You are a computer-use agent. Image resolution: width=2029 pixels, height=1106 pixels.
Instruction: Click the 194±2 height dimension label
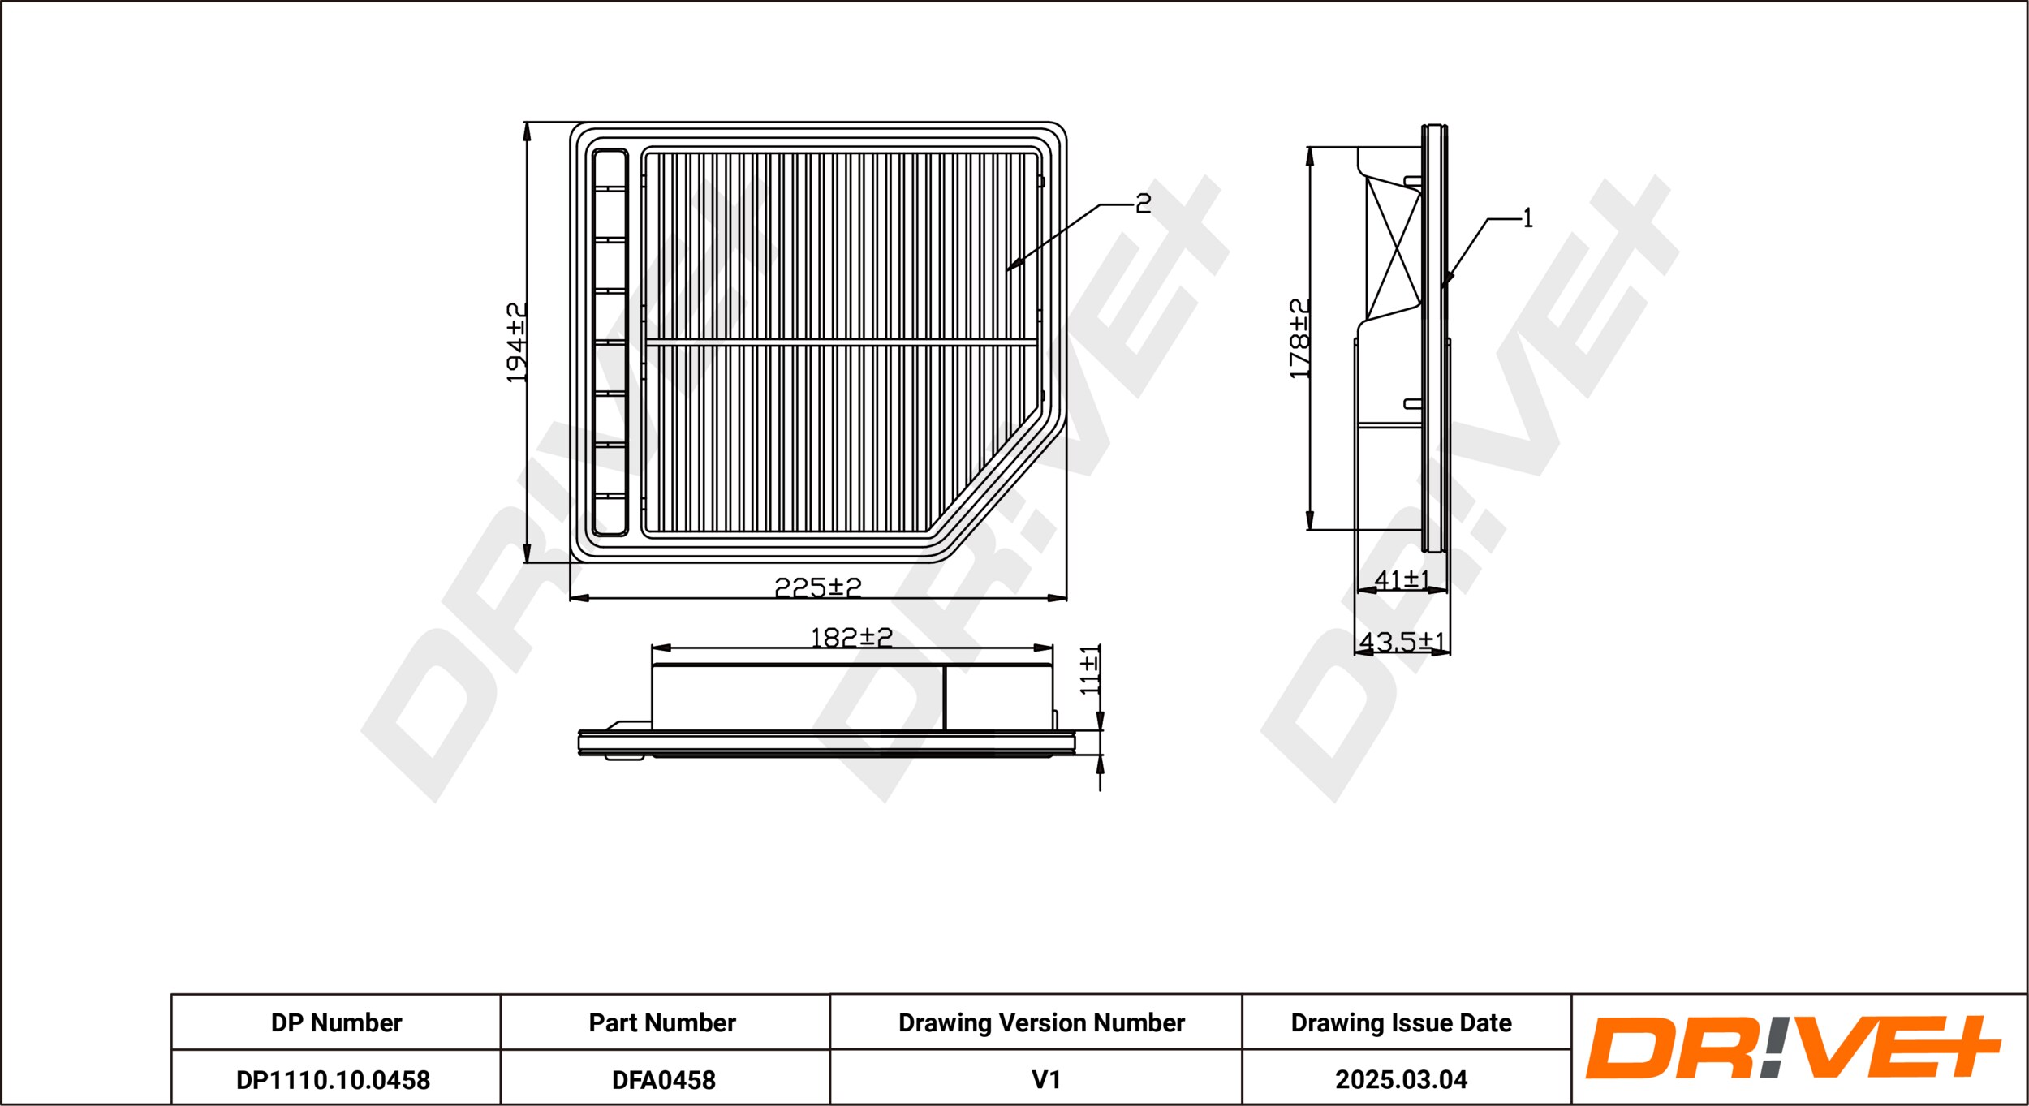[x=516, y=342]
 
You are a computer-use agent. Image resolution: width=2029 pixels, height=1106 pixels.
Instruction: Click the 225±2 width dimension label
[x=818, y=587]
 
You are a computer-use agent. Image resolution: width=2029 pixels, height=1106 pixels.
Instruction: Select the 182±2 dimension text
[x=851, y=637]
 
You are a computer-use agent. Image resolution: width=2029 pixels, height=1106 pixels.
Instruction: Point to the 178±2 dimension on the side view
[x=1299, y=338]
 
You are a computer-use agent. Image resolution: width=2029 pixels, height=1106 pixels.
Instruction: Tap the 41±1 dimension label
[x=1402, y=579]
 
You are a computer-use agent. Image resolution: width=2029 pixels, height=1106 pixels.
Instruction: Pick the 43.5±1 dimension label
[x=1402, y=641]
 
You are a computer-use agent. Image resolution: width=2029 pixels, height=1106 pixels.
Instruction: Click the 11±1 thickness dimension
[x=1089, y=670]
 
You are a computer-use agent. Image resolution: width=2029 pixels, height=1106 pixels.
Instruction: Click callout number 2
[x=1143, y=204]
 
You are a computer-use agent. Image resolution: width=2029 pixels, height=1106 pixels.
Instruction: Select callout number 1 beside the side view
[x=1527, y=217]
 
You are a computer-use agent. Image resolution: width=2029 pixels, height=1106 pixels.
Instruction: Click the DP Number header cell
[x=336, y=1022]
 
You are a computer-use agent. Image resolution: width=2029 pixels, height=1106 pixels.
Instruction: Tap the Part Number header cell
[x=662, y=1022]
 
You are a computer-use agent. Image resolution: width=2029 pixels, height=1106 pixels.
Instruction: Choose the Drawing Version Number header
[x=1041, y=1022]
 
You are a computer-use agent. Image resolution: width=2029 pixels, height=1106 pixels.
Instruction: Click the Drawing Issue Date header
[x=1402, y=1022]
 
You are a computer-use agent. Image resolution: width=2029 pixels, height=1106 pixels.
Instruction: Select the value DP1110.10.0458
[x=333, y=1080]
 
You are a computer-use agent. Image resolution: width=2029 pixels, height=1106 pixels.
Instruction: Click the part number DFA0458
[x=664, y=1080]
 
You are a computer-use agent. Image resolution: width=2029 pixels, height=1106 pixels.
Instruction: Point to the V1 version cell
[x=1046, y=1080]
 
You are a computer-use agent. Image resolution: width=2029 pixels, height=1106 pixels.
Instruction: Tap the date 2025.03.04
[x=1402, y=1080]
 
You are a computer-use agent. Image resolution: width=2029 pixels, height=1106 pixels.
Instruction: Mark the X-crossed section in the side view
[x=1394, y=248]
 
